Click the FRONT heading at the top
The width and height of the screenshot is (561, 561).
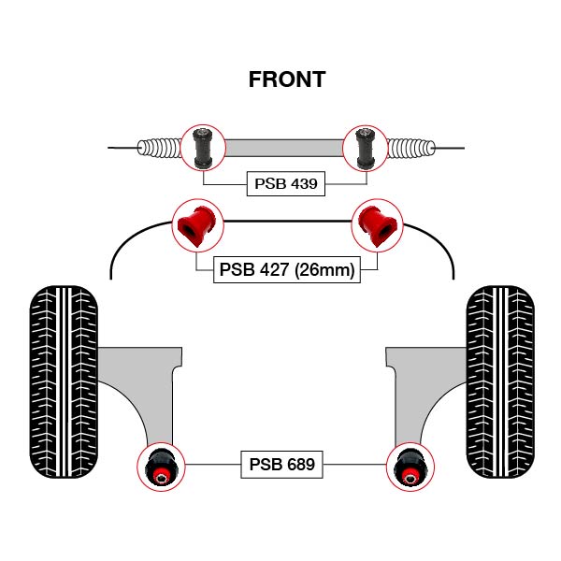point(287,79)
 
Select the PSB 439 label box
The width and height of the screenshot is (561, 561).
point(287,183)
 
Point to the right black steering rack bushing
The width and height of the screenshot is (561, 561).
point(366,147)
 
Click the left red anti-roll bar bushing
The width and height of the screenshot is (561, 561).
point(197,225)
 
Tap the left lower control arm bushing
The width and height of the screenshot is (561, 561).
point(162,466)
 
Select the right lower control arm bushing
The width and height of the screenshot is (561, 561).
point(409,466)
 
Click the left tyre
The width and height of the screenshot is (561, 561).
point(64,378)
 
